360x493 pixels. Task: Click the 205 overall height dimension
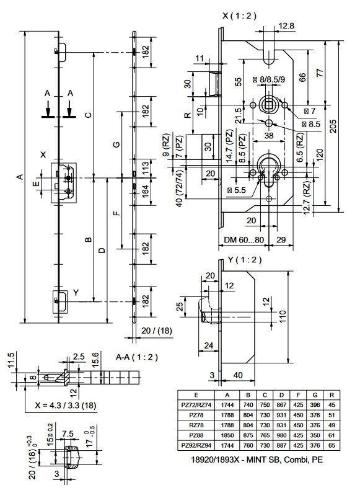[x=333, y=126]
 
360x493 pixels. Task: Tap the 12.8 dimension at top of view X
[x=286, y=25]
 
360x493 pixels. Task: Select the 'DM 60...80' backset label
[x=244, y=240]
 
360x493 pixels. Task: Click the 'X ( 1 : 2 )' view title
[x=239, y=16]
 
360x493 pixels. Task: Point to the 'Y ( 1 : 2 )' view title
[x=245, y=260]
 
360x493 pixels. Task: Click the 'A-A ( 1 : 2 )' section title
[x=137, y=357]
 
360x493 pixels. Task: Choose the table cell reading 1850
[x=227, y=435]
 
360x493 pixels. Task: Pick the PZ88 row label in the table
[x=196, y=435]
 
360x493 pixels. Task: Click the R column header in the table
[x=331, y=395]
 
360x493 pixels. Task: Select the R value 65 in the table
[x=331, y=445]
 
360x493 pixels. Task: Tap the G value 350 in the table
[x=315, y=435]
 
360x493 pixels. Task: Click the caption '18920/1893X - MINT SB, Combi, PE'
[x=257, y=460]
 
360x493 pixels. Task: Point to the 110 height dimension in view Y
[x=283, y=316]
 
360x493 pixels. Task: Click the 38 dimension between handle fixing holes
[x=269, y=136]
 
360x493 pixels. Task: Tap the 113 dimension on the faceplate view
[x=145, y=169]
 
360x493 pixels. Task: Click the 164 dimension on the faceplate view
[x=145, y=191]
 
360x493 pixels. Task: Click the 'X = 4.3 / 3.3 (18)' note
[x=65, y=405]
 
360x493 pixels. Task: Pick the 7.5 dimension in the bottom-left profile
[x=68, y=434]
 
